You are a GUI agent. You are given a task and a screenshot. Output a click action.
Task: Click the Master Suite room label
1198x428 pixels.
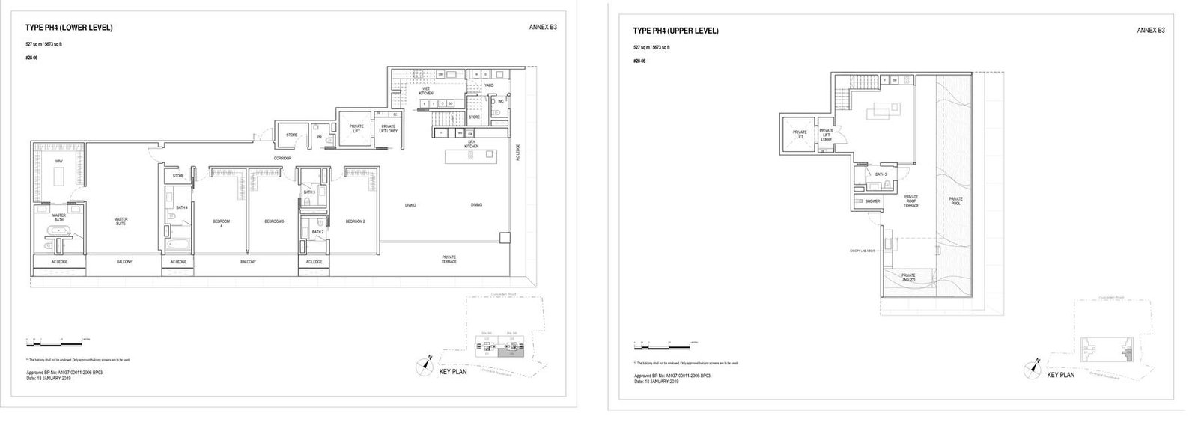[121, 221]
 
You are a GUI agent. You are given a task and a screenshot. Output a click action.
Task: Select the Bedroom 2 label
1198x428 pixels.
[354, 221]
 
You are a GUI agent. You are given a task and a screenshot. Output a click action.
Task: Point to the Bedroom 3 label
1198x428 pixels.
[274, 221]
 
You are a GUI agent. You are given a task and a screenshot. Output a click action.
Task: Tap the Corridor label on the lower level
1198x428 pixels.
[282, 159]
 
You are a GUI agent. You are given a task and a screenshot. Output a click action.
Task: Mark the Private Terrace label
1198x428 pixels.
[449, 259]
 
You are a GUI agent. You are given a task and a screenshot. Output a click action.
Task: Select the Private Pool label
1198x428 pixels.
[955, 201]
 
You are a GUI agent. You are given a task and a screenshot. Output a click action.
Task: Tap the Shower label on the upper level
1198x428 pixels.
[872, 201]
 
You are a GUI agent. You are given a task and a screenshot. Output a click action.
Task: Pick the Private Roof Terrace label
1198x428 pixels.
[910, 201]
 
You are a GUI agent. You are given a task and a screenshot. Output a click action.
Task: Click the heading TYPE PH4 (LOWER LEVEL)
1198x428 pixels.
[69, 28]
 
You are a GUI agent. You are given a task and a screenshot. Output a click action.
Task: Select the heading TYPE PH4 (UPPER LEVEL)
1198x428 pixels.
[675, 31]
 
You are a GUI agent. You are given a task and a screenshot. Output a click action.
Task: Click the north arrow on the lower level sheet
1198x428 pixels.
[425, 365]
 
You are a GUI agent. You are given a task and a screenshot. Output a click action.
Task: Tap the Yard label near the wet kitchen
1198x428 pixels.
[488, 85]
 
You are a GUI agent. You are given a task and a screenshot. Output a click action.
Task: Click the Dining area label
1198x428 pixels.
[476, 205]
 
